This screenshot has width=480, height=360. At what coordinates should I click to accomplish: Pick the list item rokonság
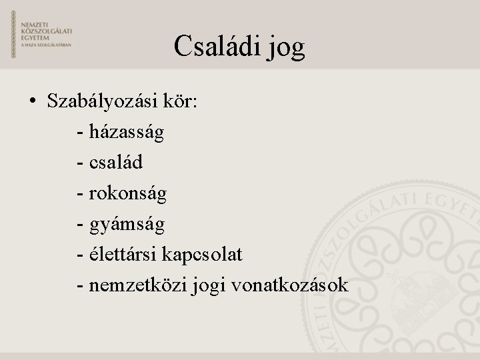[x=127, y=193]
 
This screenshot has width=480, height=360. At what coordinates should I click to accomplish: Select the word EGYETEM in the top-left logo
[x=35, y=37]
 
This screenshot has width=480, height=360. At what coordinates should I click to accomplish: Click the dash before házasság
[x=80, y=133]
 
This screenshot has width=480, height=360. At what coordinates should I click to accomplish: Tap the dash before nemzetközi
[x=80, y=285]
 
